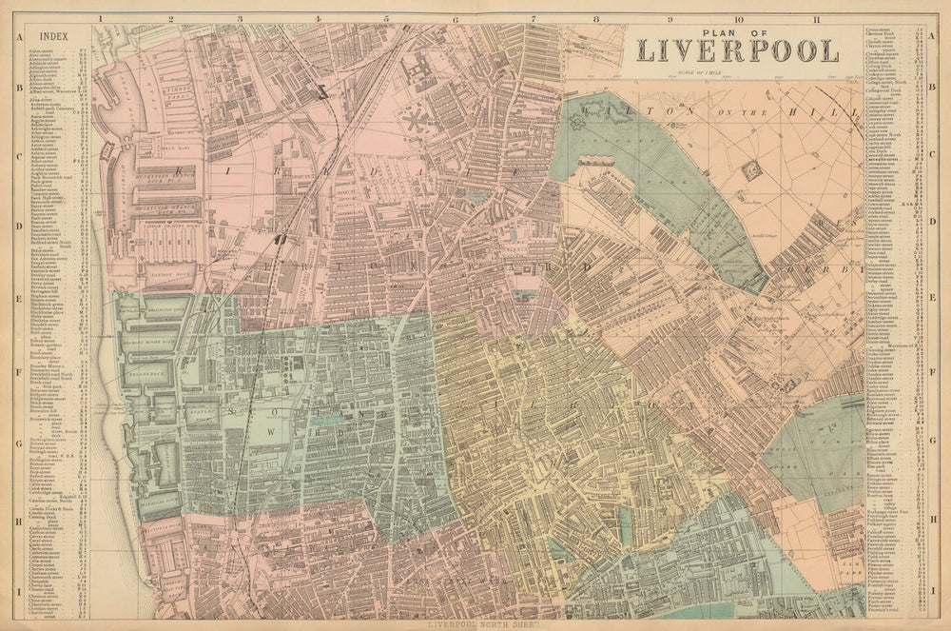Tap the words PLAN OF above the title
[x=737, y=30]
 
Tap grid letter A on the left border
[x=18, y=38]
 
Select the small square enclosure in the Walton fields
[x=751, y=169]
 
